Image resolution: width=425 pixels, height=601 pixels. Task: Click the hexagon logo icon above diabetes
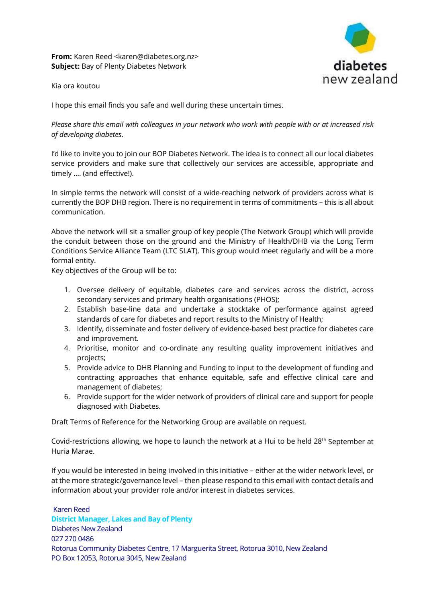pos(360,38)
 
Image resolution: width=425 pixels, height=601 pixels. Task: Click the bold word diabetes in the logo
pos(360,65)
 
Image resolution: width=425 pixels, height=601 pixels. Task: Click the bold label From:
pos(61,57)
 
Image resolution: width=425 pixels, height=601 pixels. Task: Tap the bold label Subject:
pos(65,66)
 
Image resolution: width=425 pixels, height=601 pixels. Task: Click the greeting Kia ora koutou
pos(76,86)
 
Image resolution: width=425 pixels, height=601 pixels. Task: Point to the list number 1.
pos(67,290)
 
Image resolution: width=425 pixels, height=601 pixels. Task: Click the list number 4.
pos(67,348)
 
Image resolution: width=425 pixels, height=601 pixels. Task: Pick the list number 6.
pos(67,397)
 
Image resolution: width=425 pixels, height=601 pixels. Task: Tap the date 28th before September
pos(319,441)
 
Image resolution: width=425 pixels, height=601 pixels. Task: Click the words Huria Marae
pos(69,451)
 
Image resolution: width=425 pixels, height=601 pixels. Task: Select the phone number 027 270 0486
pos(72,539)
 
